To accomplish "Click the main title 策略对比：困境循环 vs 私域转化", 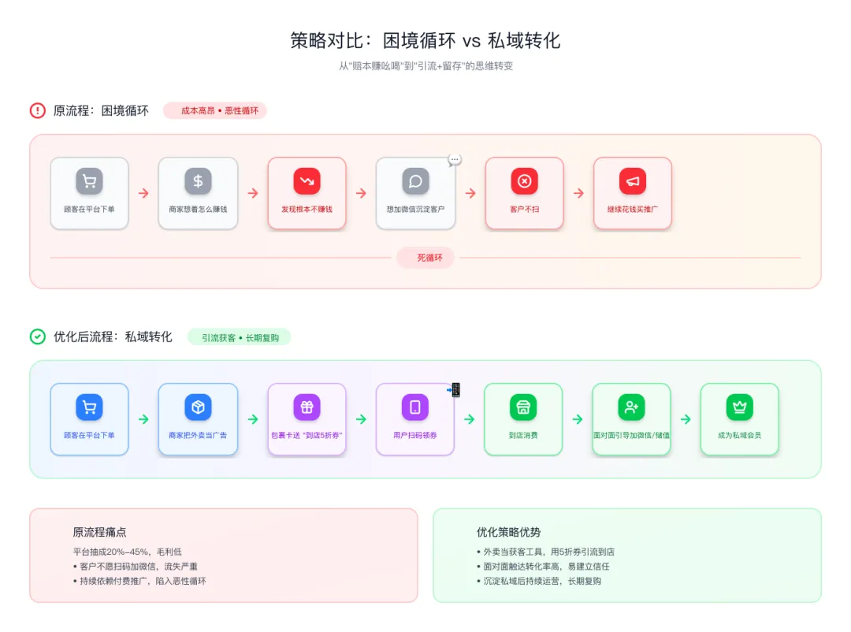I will point(425,41).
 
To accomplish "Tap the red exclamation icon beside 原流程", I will point(38,111).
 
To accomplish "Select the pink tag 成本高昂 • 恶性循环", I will point(215,111).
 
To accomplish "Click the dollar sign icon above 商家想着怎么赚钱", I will point(198,181).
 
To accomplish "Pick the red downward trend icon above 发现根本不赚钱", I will point(307,181).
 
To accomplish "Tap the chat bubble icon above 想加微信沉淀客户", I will point(415,181).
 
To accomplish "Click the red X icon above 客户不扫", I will point(524,181).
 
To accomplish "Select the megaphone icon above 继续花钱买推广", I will point(633,181).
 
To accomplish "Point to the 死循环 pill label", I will point(425,258).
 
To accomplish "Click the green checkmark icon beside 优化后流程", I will point(38,336).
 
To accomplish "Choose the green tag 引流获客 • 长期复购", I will point(240,337).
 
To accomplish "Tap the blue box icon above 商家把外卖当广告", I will point(198,407).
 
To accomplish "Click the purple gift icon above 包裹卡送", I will point(307,407).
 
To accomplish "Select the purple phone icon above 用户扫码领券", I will point(415,407).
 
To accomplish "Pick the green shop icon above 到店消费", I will point(523,407).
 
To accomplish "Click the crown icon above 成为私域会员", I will point(740,407).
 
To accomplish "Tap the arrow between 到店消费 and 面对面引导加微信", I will point(578,419).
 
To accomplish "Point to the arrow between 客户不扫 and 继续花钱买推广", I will point(579,193).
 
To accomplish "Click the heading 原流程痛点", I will point(99,533).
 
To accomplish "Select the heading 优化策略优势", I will point(509,533).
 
